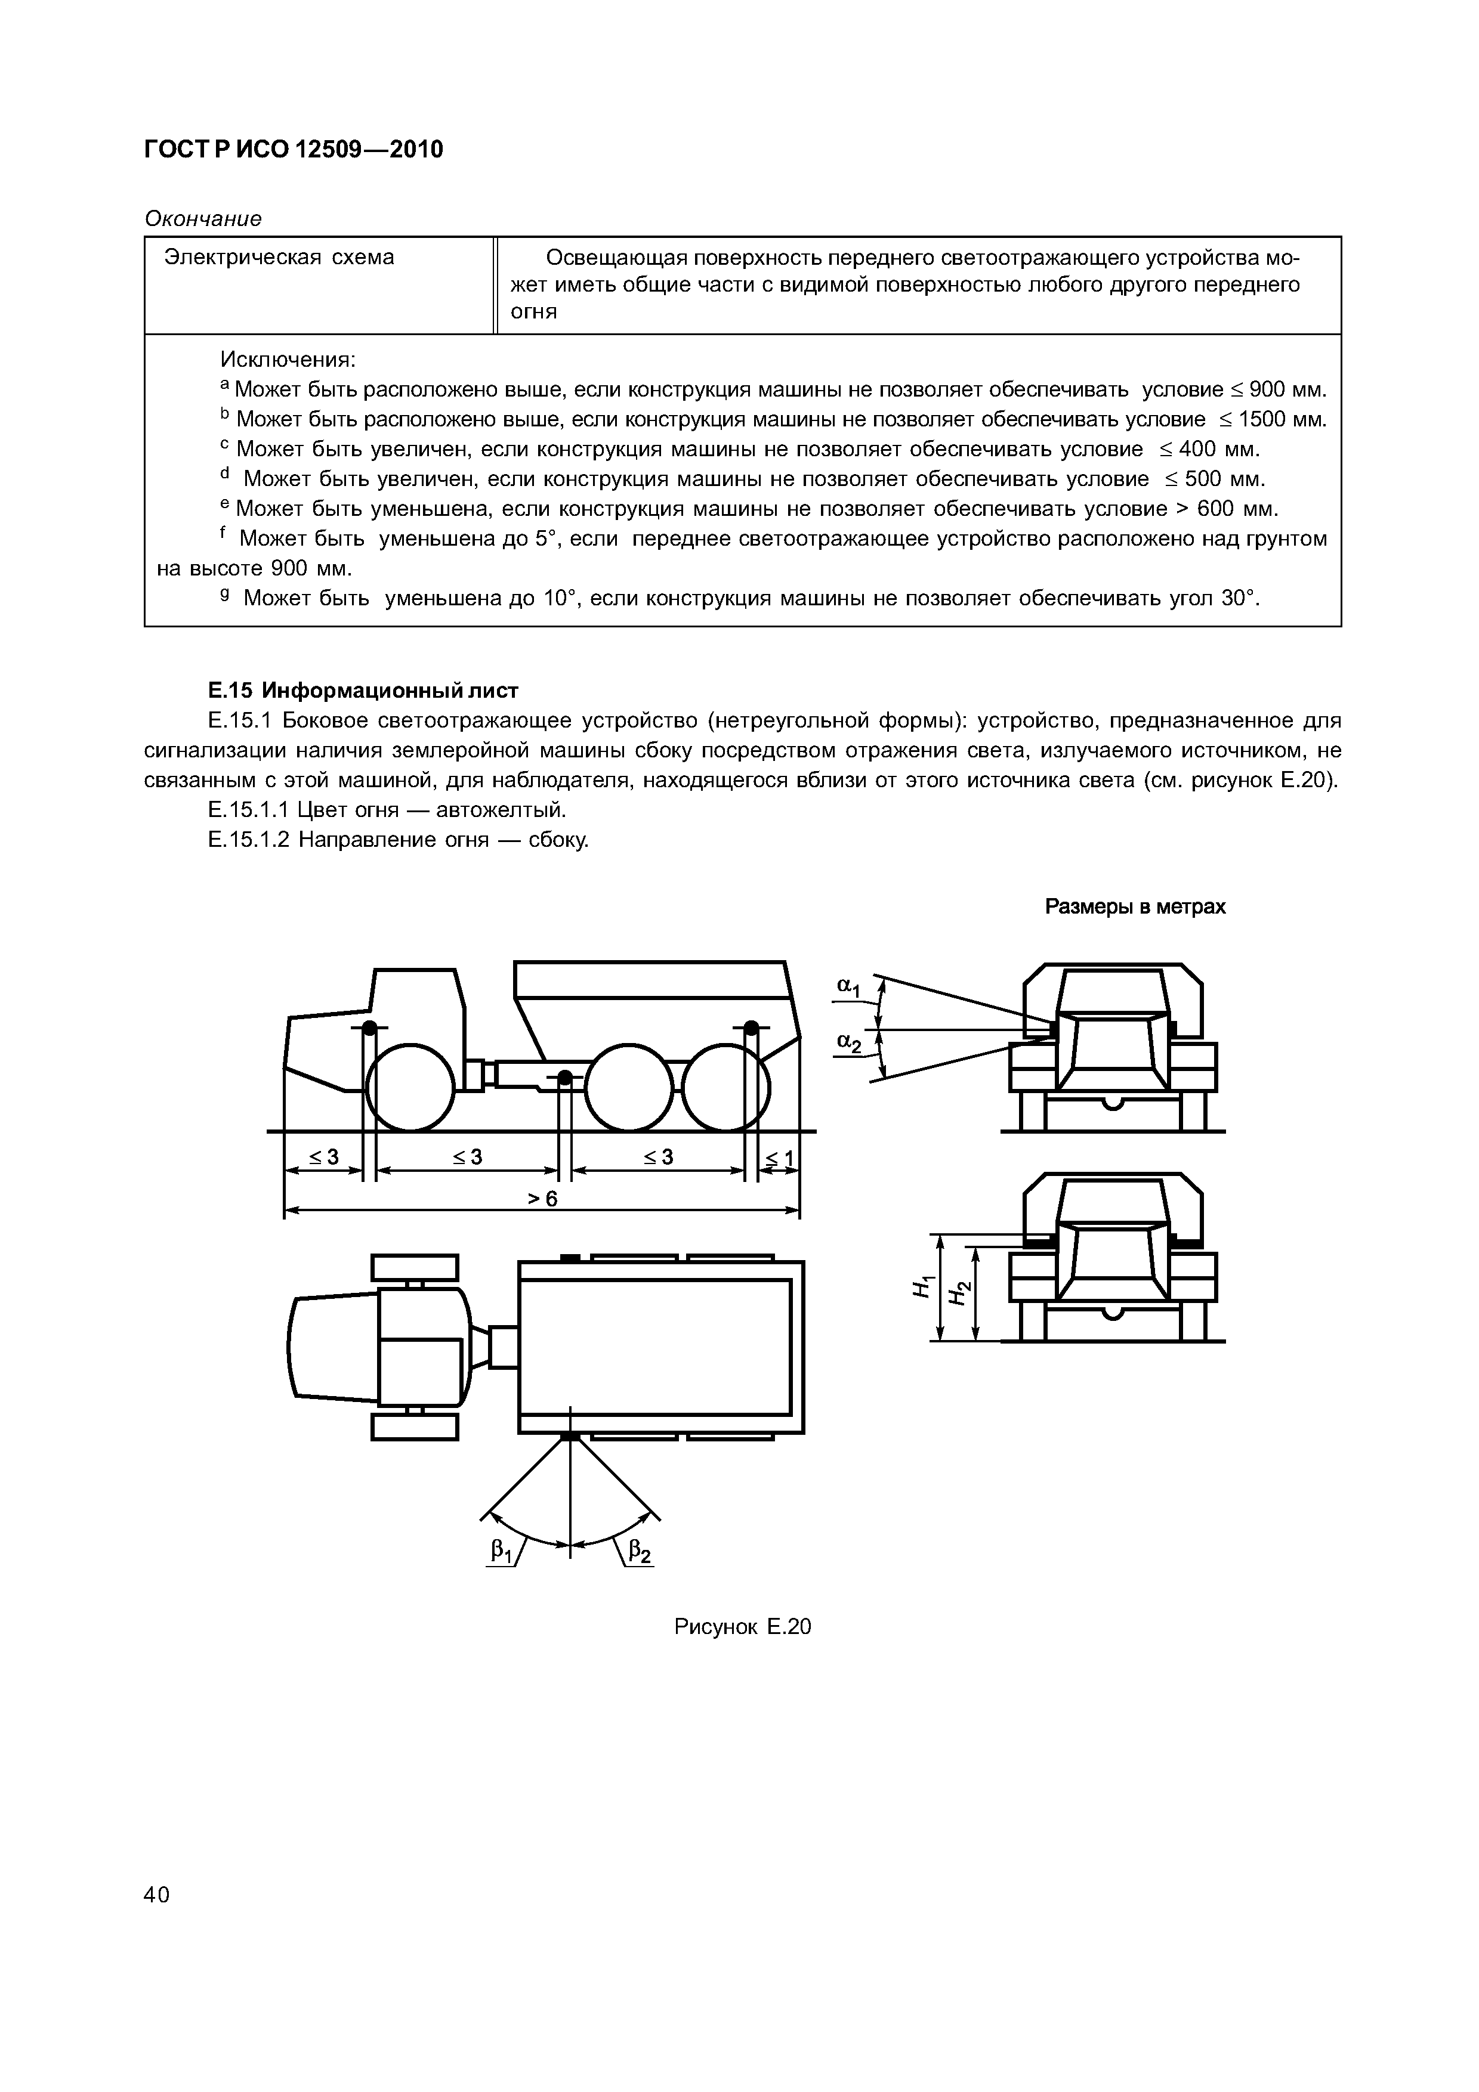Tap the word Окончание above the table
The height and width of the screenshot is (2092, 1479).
click(203, 219)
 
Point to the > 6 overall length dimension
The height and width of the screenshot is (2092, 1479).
click(543, 1199)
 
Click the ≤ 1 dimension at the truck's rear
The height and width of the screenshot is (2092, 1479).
click(779, 1159)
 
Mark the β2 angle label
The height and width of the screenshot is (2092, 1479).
click(641, 1550)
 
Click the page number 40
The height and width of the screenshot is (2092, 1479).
click(157, 1896)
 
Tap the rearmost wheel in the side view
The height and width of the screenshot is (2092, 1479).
click(726, 1088)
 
